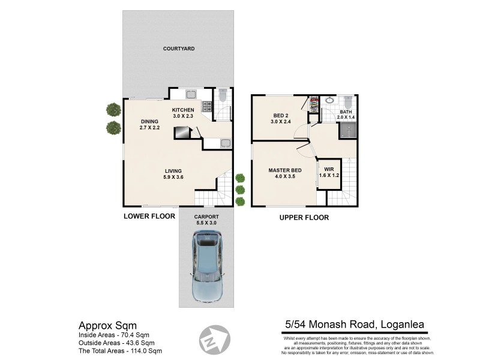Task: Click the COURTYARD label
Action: tap(179, 49)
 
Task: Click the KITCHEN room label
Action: tap(183, 113)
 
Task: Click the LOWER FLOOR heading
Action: tap(149, 216)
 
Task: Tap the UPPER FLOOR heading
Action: tap(304, 217)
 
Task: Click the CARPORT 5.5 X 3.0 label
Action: tap(206, 220)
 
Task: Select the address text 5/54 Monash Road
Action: tap(354, 325)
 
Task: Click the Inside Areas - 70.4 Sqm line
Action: tap(114, 335)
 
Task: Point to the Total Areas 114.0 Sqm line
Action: tap(120, 350)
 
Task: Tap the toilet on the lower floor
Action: tap(223, 95)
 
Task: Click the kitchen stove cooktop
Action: tap(207, 107)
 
